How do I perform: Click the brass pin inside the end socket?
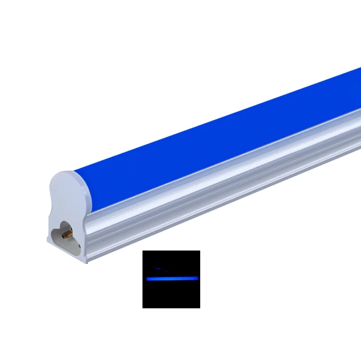coord(67,234)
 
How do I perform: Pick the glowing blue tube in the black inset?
coord(173,277)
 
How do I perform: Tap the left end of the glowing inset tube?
coord(147,278)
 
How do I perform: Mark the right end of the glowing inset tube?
coord(198,277)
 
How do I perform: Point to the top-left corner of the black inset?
coord(143,251)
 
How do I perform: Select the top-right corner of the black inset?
coord(199,251)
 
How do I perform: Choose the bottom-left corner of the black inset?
coord(143,308)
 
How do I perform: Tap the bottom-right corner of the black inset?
coord(199,308)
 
